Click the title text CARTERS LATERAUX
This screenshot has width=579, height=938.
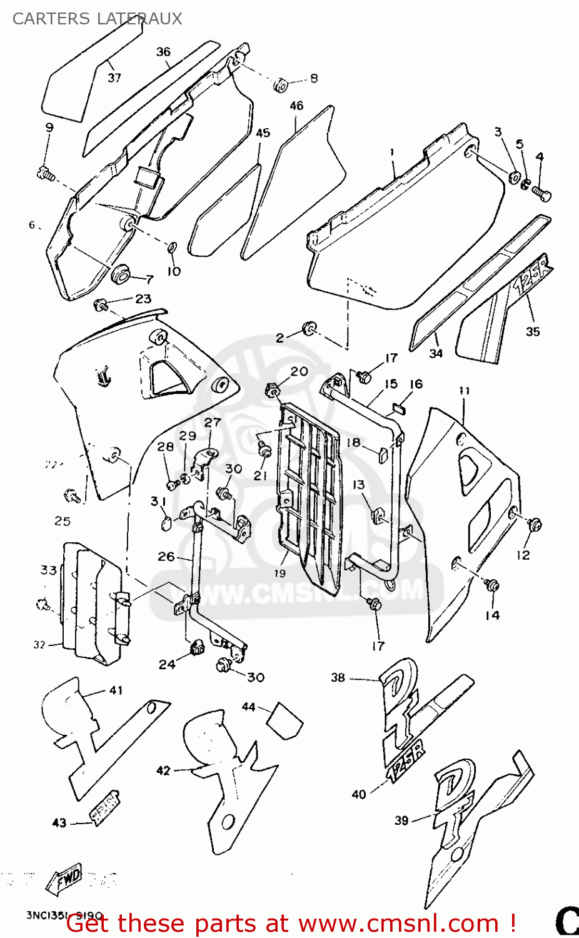97,19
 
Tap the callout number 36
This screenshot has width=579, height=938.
163,52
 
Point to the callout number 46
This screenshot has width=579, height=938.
296,106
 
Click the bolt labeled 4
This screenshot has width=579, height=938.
541,194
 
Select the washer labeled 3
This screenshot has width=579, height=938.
515,177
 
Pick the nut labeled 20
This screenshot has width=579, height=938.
273,391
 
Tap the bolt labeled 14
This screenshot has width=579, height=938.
492,586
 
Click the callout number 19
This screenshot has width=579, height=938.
279,573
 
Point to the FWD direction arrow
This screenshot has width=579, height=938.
64,879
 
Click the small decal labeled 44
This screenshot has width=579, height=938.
285,720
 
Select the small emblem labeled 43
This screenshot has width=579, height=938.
106,807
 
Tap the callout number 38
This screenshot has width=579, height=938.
338,677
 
